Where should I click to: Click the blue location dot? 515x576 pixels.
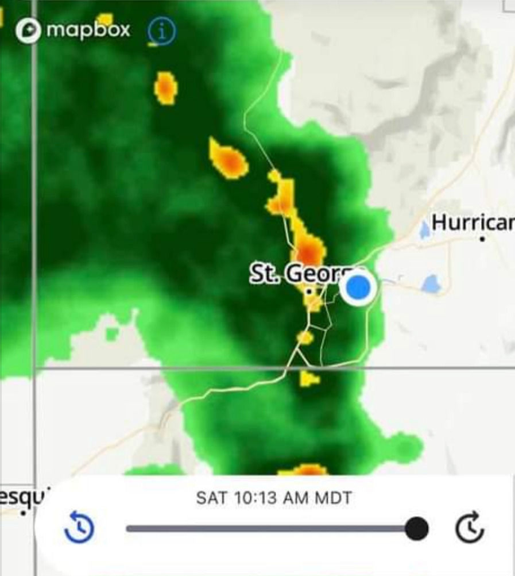[x=359, y=287]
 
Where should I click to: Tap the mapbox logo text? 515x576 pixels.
[x=88, y=30]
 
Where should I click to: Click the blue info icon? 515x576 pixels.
[x=162, y=32]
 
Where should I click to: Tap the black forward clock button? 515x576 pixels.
[x=470, y=529]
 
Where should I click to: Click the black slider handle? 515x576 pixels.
[x=416, y=528]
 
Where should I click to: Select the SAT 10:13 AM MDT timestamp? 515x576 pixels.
[x=274, y=498]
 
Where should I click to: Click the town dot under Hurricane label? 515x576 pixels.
[x=483, y=238]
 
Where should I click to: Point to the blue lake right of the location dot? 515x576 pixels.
[x=431, y=284]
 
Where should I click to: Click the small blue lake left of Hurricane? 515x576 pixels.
[x=424, y=231]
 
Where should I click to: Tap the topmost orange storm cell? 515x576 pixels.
[x=166, y=88]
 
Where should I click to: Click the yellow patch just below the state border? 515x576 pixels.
[x=309, y=378]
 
